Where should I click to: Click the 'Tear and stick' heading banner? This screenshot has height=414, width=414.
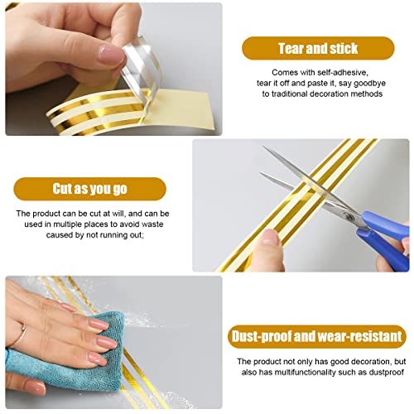pyautogui.click(x=318, y=48)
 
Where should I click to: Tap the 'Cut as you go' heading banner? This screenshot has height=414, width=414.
pyautogui.click(x=90, y=189)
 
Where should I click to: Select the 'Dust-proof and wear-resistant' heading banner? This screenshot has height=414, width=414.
pyautogui.click(x=317, y=336)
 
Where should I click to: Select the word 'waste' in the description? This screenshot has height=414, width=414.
pyautogui.click(x=152, y=224)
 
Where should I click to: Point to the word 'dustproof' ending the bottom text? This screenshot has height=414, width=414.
pyautogui.click(x=387, y=373)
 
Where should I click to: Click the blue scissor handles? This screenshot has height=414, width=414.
pyautogui.click(x=385, y=238)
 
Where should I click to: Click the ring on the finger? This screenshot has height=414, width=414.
pyautogui.click(x=22, y=335)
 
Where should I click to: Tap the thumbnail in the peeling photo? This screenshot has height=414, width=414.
pyautogui.click(x=110, y=55)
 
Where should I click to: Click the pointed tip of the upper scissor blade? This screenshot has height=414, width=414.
pyautogui.click(x=263, y=147)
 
